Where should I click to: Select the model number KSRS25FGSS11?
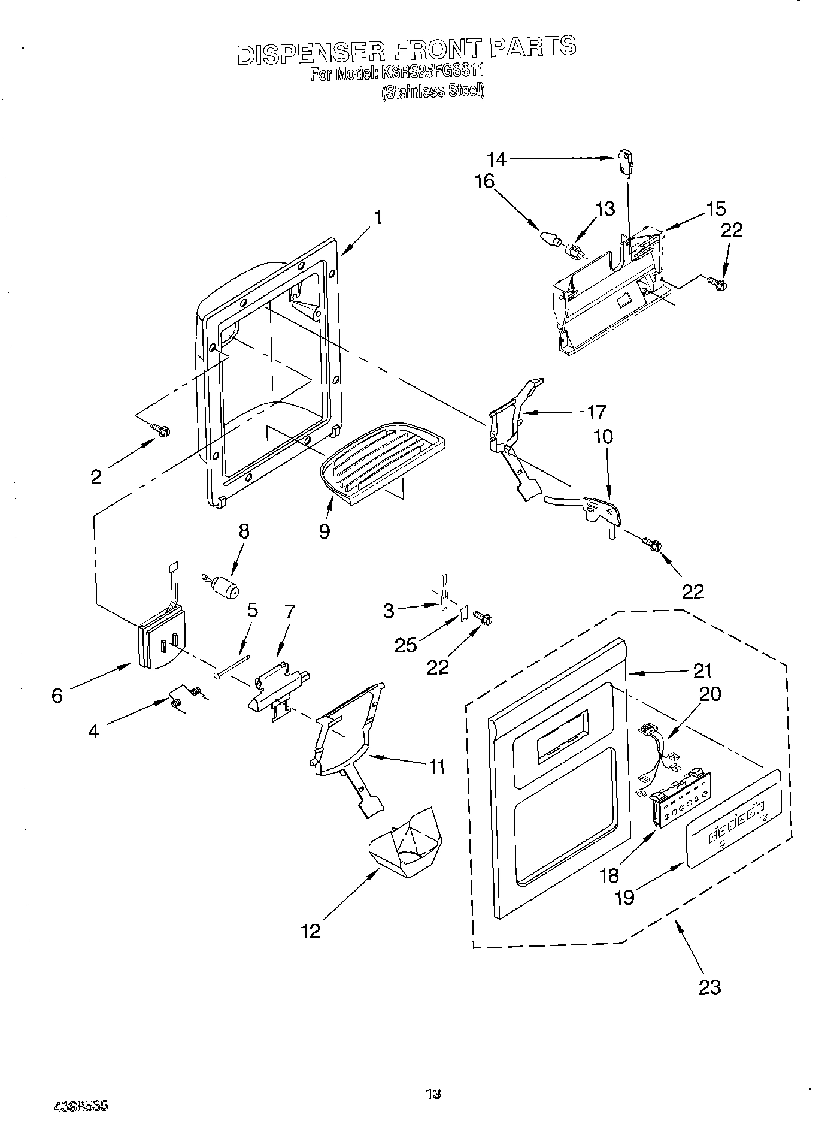click(x=431, y=72)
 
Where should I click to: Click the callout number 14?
click(x=496, y=159)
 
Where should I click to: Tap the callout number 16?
click(x=484, y=182)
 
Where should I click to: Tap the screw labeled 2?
click(x=161, y=429)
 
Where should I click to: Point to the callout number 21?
click(x=702, y=671)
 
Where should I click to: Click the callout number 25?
click(x=405, y=645)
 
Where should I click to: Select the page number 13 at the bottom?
click(x=433, y=1094)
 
